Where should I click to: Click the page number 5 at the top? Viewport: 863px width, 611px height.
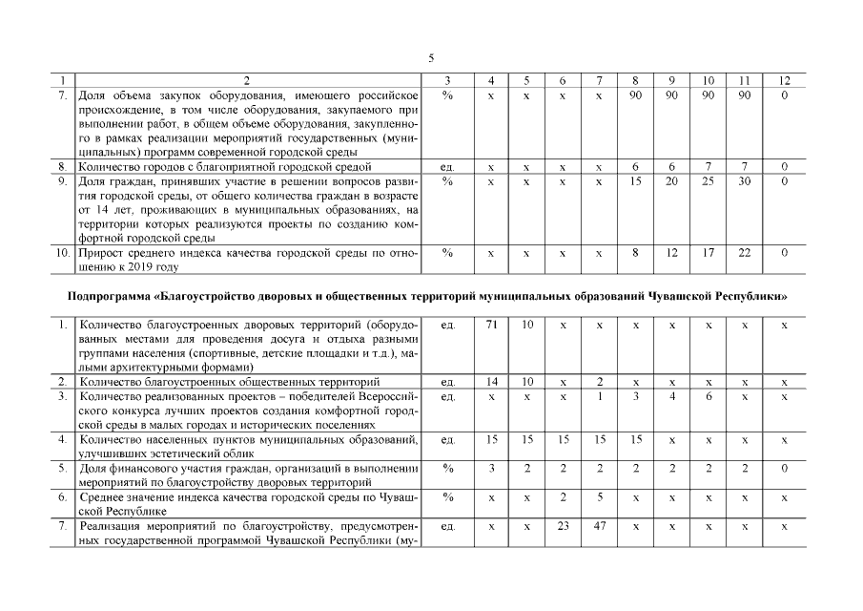click(x=431, y=58)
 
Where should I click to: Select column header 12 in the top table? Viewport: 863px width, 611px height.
click(x=784, y=80)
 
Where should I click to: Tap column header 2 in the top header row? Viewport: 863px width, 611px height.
click(x=247, y=80)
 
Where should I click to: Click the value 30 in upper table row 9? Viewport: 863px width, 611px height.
click(x=744, y=180)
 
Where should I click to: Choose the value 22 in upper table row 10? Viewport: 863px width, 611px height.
click(x=744, y=253)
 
